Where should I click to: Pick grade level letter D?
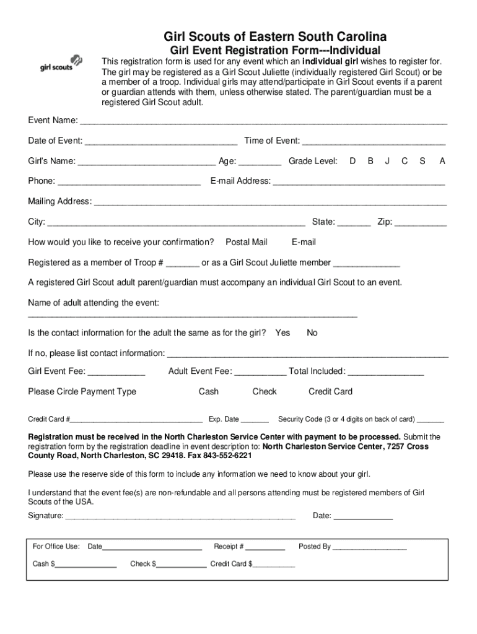[x=352, y=161]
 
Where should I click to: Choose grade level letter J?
[x=387, y=161]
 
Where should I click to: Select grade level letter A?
[x=442, y=161]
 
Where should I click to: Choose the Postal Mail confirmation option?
[x=247, y=242]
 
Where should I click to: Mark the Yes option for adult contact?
[x=282, y=333]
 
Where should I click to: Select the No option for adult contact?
[x=312, y=333]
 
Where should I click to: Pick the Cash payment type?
[x=209, y=392]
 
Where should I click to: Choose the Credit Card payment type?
[x=330, y=392]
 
